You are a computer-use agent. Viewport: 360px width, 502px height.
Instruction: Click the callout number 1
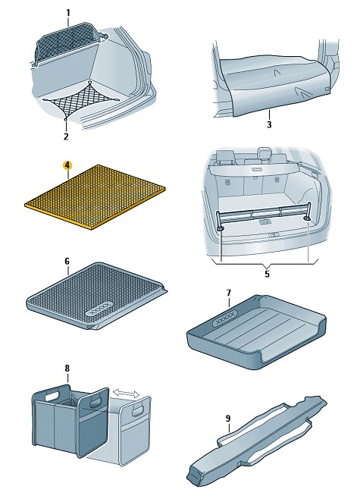(68, 13)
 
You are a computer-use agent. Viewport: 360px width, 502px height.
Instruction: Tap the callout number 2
(66, 136)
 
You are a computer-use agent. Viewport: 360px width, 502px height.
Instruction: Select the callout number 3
(269, 124)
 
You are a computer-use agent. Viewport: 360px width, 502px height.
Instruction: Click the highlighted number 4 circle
(67, 165)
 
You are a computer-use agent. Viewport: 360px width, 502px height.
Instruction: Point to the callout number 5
(268, 274)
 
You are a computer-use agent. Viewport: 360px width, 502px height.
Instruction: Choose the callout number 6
(67, 262)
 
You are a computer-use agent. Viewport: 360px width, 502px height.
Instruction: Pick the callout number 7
(228, 293)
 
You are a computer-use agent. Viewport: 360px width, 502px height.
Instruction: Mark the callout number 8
(67, 369)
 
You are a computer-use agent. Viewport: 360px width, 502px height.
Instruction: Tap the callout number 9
(228, 419)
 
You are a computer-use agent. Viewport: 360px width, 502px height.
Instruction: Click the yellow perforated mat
(95, 197)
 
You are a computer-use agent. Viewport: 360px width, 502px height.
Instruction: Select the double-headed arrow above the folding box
(126, 393)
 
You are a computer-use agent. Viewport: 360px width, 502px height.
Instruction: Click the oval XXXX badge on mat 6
(99, 308)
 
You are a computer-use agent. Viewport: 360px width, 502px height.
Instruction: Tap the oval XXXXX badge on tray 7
(226, 318)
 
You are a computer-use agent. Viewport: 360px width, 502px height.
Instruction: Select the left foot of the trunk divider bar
(220, 228)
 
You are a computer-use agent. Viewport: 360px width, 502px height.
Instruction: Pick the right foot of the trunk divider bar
(308, 218)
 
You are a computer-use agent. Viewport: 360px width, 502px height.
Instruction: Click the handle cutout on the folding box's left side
(52, 396)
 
